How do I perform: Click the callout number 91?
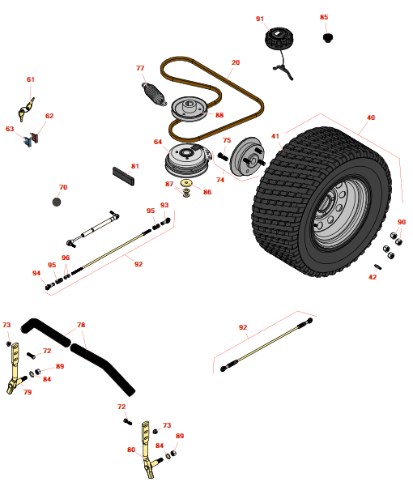260,19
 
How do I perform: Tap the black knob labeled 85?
328,38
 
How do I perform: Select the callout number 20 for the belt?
236,62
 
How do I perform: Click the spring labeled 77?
154,94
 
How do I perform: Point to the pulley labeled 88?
189,109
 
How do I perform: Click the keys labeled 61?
26,109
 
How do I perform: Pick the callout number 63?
10,129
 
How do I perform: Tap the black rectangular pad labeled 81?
124,176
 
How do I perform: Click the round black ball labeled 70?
57,202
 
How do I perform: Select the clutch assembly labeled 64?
187,160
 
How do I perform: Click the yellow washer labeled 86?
186,183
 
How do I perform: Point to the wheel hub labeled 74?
248,156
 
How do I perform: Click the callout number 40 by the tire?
371,117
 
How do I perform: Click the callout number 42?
373,277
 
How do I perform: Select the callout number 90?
402,222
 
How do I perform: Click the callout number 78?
81,325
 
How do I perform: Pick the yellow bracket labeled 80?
148,450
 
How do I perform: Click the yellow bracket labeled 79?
15,369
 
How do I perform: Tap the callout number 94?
36,273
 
